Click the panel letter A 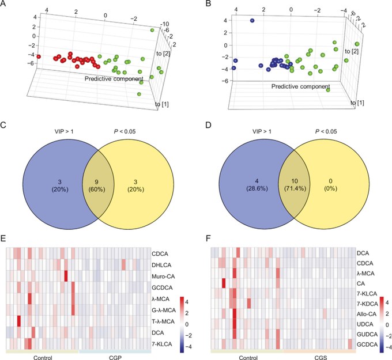coord(3,3)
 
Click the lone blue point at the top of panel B coord(252,21)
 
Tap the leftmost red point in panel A coord(39,56)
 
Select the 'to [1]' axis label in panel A coord(162,104)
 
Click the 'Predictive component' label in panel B coord(300,86)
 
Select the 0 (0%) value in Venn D coord(330,185)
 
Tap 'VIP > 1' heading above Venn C coord(64,131)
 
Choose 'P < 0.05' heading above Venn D coord(326,131)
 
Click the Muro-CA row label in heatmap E coord(163,276)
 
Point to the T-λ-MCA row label coord(163,321)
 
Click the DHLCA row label coord(161,265)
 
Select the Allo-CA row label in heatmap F coord(367,314)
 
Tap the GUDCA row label coord(367,334)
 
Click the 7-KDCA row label coord(367,304)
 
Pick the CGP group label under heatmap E coord(115,358)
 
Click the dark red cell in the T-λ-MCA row coord(19,321)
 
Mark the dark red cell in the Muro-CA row coord(66,276)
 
